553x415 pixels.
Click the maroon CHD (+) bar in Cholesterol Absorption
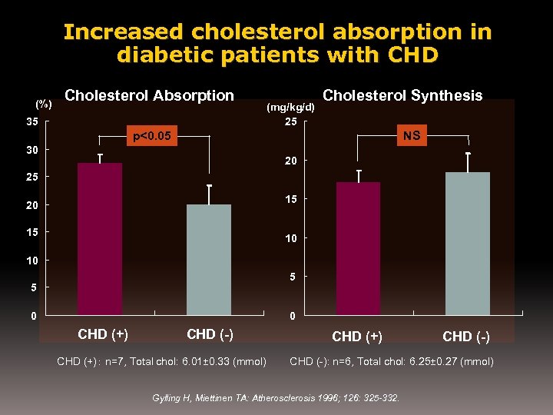click(100, 238)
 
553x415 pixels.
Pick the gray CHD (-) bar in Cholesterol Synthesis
click(467, 244)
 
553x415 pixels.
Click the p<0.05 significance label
click(153, 137)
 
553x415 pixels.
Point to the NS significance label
click(412, 136)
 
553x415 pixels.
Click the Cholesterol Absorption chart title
click(150, 96)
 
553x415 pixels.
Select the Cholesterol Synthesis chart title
click(402, 96)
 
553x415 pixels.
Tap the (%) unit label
click(44, 104)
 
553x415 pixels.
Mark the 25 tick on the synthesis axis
click(291, 122)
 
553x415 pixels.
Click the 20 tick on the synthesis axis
click(291, 161)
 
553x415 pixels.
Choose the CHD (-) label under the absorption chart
click(210, 334)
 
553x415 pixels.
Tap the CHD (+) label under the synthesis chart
click(357, 337)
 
